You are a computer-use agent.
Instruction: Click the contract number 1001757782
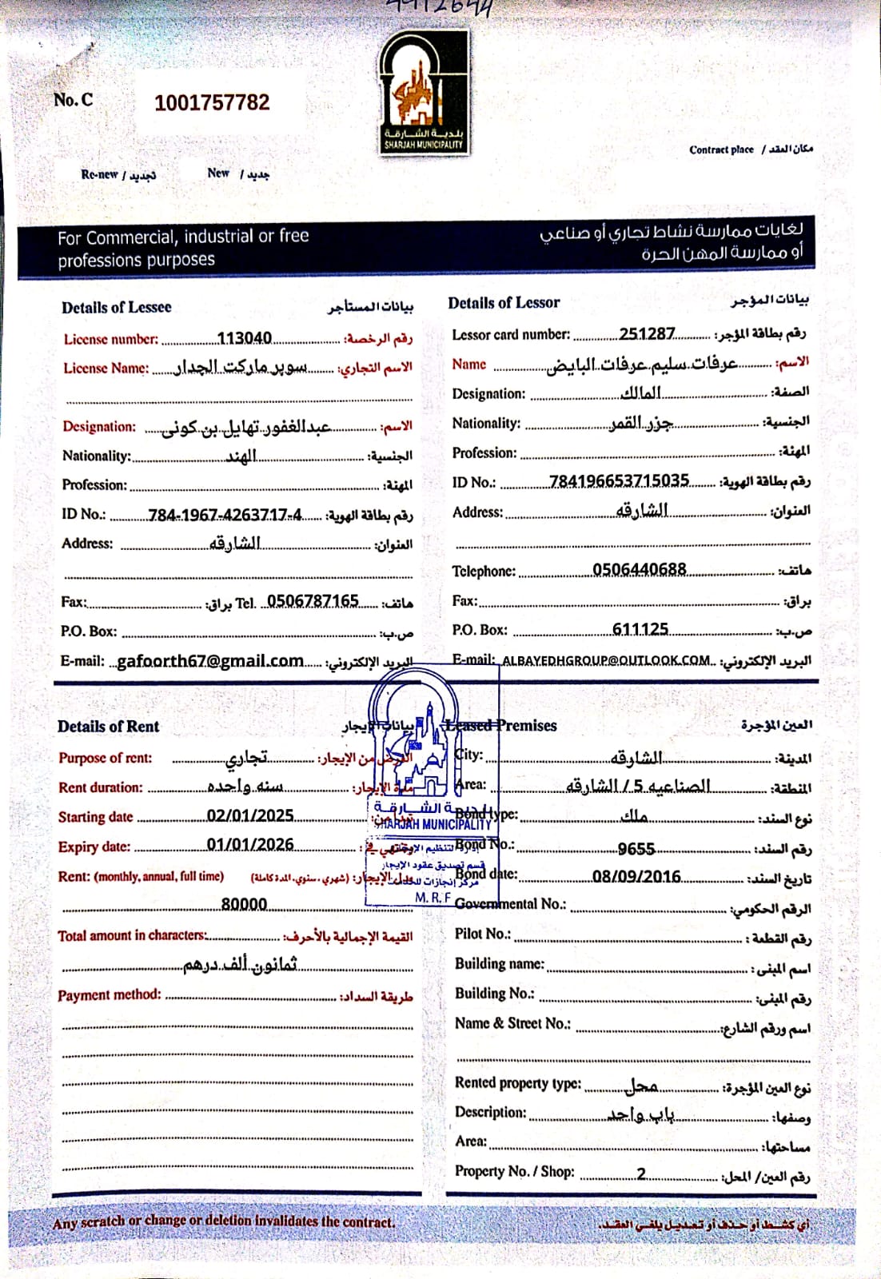pyautogui.click(x=212, y=103)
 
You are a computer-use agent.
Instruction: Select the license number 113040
pyautogui.click(x=245, y=338)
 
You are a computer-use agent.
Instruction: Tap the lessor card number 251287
pyautogui.click(x=647, y=333)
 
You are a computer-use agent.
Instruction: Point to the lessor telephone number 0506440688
pyautogui.click(x=639, y=569)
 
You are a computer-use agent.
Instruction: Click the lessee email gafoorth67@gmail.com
pyautogui.click(x=210, y=661)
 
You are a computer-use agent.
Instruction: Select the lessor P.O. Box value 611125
pyautogui.click(x=640, y=629)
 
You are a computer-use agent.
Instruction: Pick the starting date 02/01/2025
pyautogui.click(x=250, y=815)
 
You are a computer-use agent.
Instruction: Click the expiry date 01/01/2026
pyautogui.click(x=250, y=845)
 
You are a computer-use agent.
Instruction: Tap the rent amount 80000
pyautogui.click(x=244, y=904)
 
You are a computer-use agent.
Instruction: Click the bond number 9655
pyautogui.click(x=636, y=848)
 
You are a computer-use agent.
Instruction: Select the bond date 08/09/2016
pyautogui.click(x=636, y=877)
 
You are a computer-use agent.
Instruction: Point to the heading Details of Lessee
pyautogui.click(x=117, y=307)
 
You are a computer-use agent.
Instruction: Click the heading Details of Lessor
pyautogui.click(x=504, y=303)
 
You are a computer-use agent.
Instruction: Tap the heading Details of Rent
pyautogui.click(x=108, y=727)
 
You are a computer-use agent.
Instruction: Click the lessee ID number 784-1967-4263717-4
pyautogui.click(x=225, y=515)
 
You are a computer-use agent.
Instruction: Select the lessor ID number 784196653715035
pyautogui.click(x=619, y=480)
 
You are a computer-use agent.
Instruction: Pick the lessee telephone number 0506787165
pyautogui.click(x=313, y=601)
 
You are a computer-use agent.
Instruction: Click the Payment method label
pyautogui.click(x=109, y=995)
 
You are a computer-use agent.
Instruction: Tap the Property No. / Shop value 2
pyautogui.click(x=641, y=1173)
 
